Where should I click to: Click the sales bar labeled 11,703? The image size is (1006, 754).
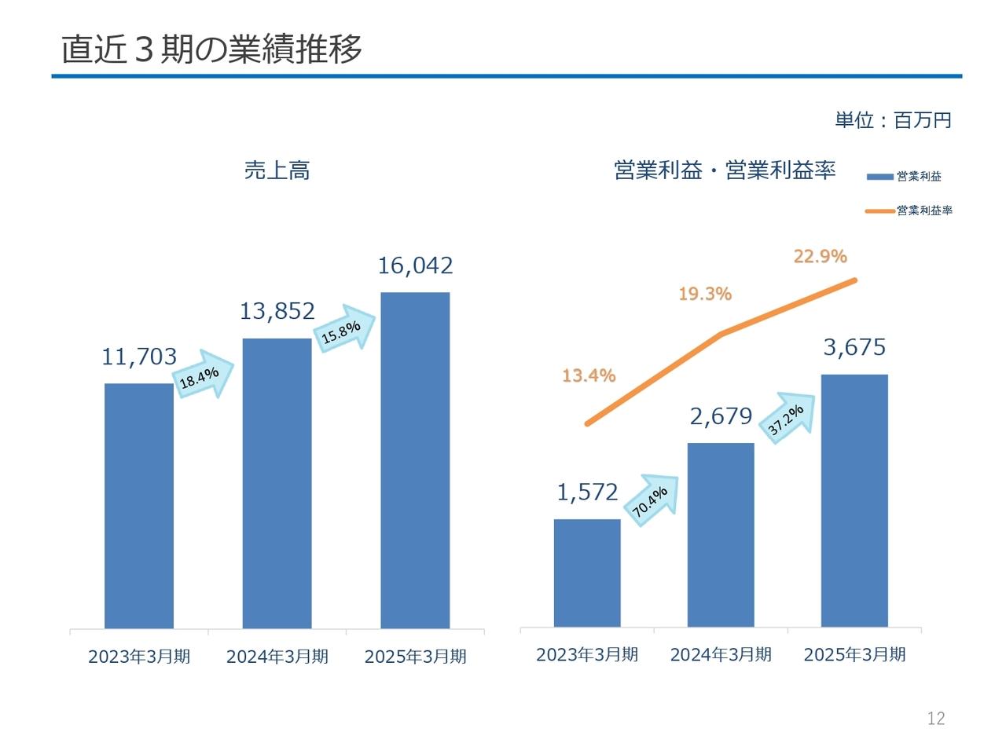139,505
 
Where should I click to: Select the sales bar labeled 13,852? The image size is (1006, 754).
277,483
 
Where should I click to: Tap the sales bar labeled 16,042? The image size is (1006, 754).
415,460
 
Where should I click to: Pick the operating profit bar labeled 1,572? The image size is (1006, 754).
586,573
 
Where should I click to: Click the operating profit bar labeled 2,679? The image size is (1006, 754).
720,535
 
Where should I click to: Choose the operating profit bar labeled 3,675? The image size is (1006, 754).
854,500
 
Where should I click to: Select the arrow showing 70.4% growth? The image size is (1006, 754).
652,500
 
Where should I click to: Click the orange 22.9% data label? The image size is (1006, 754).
820,256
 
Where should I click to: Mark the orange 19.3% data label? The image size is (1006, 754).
704,294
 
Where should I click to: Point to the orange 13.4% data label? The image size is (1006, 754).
589,375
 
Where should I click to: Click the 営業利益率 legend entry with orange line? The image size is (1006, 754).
909,210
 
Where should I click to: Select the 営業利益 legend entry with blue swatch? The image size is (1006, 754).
904,176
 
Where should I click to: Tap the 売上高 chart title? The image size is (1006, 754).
277,170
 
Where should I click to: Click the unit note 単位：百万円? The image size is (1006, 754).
893,120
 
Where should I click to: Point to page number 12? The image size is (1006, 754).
936,718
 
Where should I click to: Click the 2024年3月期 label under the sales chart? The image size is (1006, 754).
277,657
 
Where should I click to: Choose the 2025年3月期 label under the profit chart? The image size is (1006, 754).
854,655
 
